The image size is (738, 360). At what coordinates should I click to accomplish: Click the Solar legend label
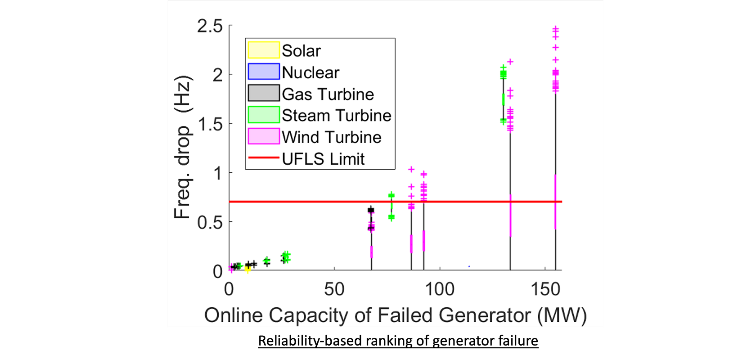pos(301,51)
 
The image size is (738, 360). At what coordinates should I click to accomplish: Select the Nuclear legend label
pos(310,72)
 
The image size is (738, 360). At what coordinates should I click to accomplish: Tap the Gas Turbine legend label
pos(328,94)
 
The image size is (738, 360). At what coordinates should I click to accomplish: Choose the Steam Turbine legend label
pos(336,116)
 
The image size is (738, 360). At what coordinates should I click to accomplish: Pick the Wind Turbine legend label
pos(332,137)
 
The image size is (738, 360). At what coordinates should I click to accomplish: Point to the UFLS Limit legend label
pos(323,159)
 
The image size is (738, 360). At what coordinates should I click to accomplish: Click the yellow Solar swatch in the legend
pos(264,50)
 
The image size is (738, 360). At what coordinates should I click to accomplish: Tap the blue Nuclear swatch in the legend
pos(264,72)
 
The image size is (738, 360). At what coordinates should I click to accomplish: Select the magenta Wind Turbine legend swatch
pos(264,137)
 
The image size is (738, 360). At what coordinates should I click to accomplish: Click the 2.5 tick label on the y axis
pos(210,26)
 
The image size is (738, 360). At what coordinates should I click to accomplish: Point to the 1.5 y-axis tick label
pos(210,124)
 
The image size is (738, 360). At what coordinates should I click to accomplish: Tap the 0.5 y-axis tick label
pos(210,222)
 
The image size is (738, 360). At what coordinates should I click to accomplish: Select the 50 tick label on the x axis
pos(334,289)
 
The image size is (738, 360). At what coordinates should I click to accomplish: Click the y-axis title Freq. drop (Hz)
pos(183,148)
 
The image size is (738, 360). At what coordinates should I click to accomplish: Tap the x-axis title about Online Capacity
pos(395,315)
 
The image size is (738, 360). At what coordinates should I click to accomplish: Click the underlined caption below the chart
pos(398,341)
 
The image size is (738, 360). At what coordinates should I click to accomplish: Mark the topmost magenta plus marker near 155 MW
pos(556,28)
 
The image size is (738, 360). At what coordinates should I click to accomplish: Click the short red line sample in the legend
pos(264,158)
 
